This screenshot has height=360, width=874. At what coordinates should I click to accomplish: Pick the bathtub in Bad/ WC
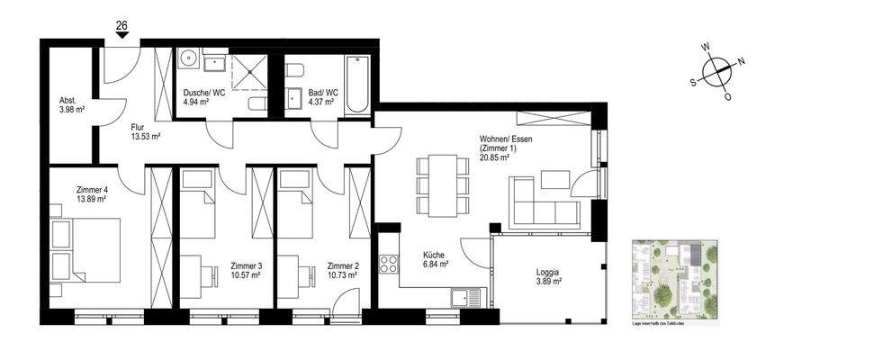[x=356, y=85]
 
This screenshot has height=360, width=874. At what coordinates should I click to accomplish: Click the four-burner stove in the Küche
[x=390, y=264]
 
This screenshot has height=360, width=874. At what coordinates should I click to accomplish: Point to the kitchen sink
[x=468, y=295]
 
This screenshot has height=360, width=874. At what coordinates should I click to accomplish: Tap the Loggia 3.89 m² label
[x=544, y=275]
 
